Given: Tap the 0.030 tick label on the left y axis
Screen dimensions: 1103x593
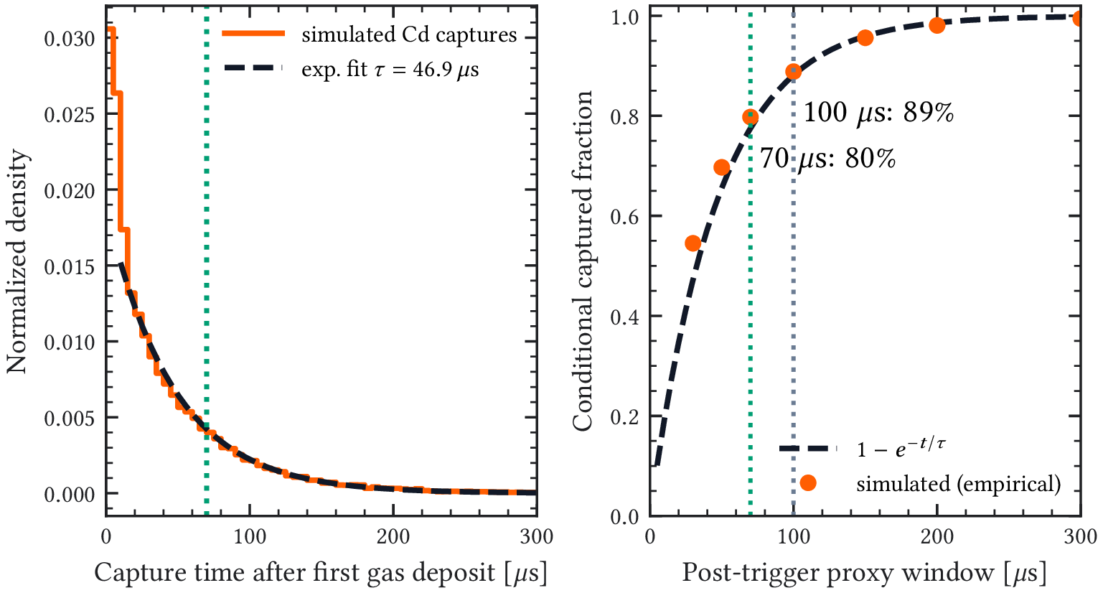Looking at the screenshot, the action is tap(69, 39).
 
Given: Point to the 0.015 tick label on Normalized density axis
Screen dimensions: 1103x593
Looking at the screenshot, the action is tap(69, 266).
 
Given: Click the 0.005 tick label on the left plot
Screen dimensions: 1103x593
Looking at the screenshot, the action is tap(69, 418).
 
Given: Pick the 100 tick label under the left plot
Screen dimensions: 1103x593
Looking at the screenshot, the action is tap(250, 536).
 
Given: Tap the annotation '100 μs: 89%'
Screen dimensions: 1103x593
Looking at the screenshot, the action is tap(878, 112).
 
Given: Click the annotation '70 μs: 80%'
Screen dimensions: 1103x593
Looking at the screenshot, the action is tap(827, 158).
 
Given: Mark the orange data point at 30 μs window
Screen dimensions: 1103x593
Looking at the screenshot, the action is tap(693, 243).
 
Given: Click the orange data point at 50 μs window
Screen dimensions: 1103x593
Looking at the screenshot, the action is tap(721, 168).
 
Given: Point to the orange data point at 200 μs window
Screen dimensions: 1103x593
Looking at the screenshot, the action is tap(937, 25).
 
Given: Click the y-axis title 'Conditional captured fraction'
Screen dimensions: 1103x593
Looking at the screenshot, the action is tap(583, 261).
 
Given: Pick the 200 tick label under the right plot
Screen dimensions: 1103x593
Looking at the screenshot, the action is tap(937, 536).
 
